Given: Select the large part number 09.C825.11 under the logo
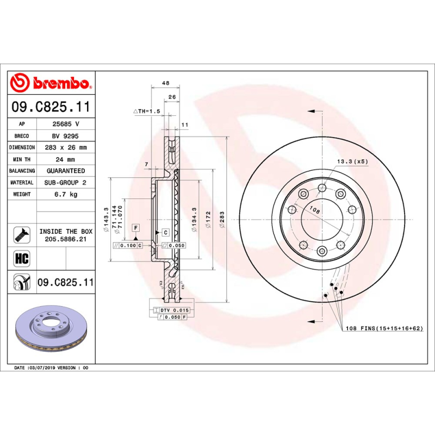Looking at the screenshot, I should pyautogui.click(x=51, y=107).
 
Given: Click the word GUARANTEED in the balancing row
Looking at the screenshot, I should pyautogui.click(x=65, y=171).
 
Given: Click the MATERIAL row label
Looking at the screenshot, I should pyautogui.click(x=22, y=183).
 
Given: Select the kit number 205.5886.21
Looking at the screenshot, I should pyautogui.click(x=65, y=239).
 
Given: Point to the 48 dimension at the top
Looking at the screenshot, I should pyautogui.click(x=166, y=83).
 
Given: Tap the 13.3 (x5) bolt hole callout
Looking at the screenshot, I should pyautogui.click(x=353, y=161).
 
